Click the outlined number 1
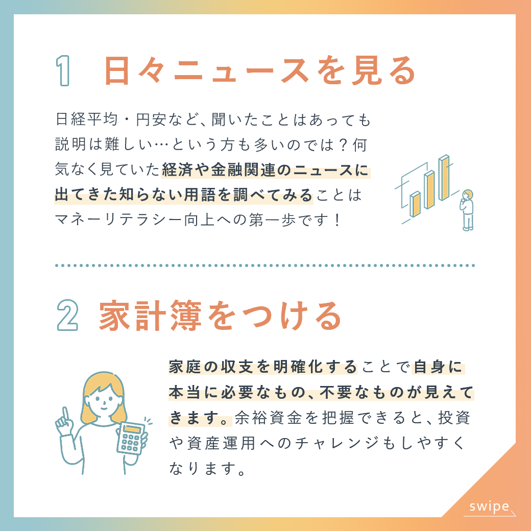point(63,70)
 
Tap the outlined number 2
point(68,316)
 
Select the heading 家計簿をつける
point(220,316)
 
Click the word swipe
point(489,506)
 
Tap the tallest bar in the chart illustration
point(444,178)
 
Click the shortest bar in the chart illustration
point(415,204)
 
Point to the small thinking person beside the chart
point(467,210)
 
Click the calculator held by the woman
point(132,438)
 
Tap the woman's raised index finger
point(65,414)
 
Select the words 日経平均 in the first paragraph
point(86,119)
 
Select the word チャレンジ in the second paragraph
point(337,443)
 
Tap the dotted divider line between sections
point(265,265)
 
